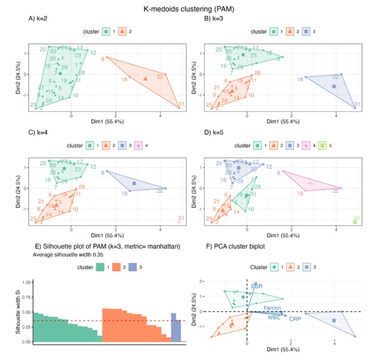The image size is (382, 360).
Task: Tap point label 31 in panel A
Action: [x=181, y=105]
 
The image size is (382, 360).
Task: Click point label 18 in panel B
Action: [x=300, y=79]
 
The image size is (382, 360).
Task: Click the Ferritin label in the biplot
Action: [x=274, y=308]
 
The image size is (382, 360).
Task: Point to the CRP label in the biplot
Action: [x=295, y=318]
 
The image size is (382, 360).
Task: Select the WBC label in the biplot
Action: [x=274, y=316]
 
